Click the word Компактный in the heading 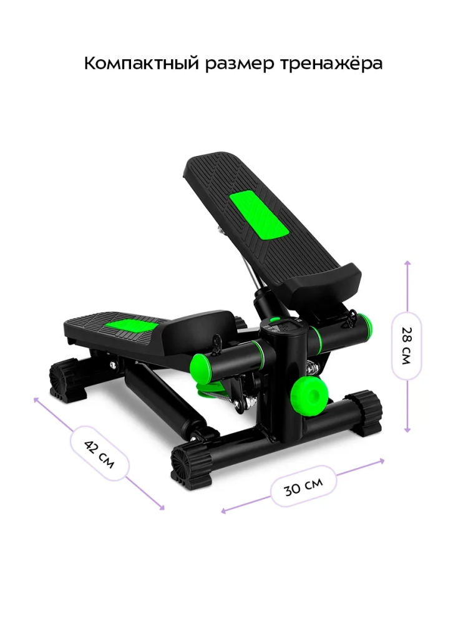(142, 63)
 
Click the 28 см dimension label (406, 346)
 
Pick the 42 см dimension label (99, 454)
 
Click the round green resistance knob (310, 394)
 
